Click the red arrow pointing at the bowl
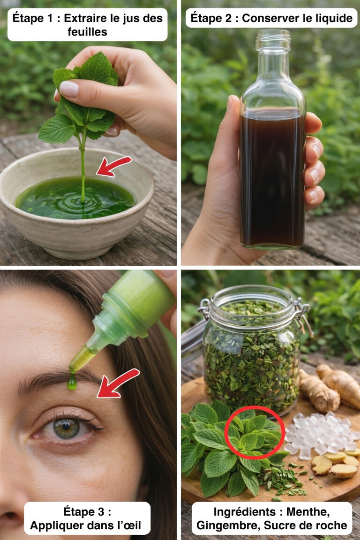(x=113, y=166)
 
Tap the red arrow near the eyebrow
(x=118, y=383)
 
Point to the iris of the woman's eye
(x=67, y=428)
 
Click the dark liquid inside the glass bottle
(x=272, y=179)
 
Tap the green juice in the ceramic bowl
(x=75, y=198)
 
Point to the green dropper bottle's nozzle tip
(x=73, y=368)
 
